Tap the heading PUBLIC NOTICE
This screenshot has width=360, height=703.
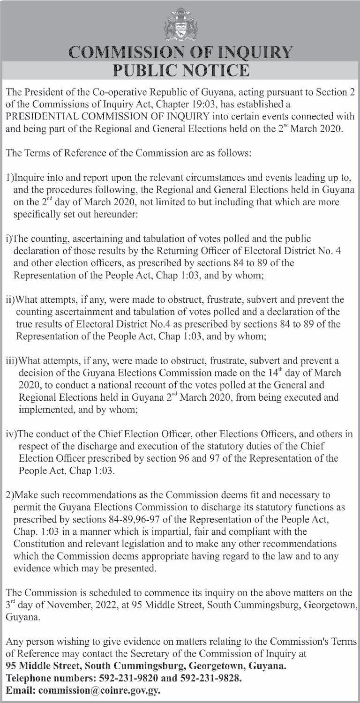(180, 70)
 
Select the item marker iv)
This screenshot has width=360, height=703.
(11, 434)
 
